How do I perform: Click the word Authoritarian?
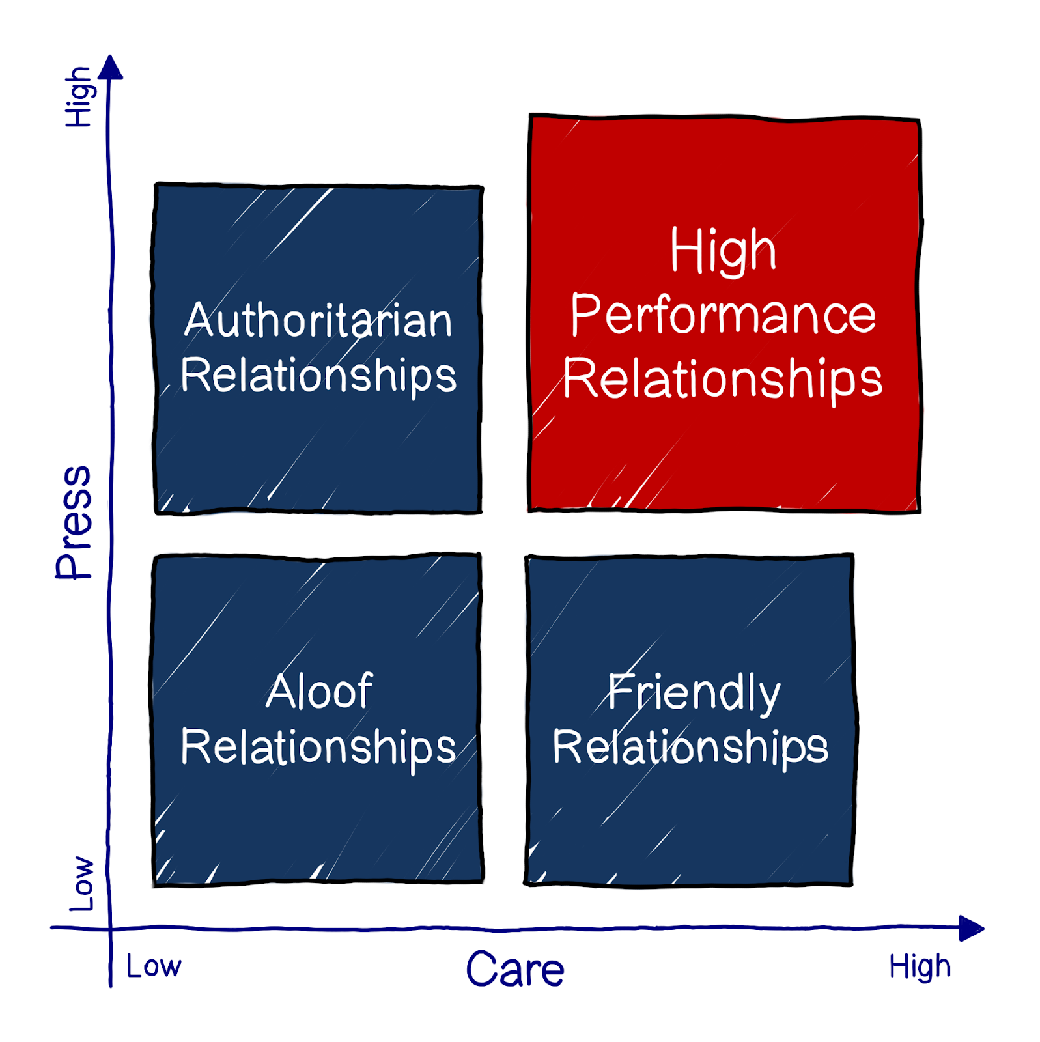(318, 320)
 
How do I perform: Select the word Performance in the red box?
(723, 315)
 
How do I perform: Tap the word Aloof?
(319, 691)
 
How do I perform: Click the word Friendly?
(694, 693)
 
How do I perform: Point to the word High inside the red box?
(723, 251)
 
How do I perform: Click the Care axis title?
(514, 970)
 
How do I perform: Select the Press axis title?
(74, 522)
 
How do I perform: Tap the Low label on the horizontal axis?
(154, 966)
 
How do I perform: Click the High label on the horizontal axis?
(920, 967)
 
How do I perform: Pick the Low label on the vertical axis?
(82, 884)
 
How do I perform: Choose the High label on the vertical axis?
(79, 97)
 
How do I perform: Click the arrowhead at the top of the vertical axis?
(112, 68)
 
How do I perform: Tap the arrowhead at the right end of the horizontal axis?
(971, 928)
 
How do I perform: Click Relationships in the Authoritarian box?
(318, 376)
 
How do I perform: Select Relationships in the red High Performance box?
(723, 380)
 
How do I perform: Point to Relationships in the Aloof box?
(318, 748)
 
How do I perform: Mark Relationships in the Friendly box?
(690, 747)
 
